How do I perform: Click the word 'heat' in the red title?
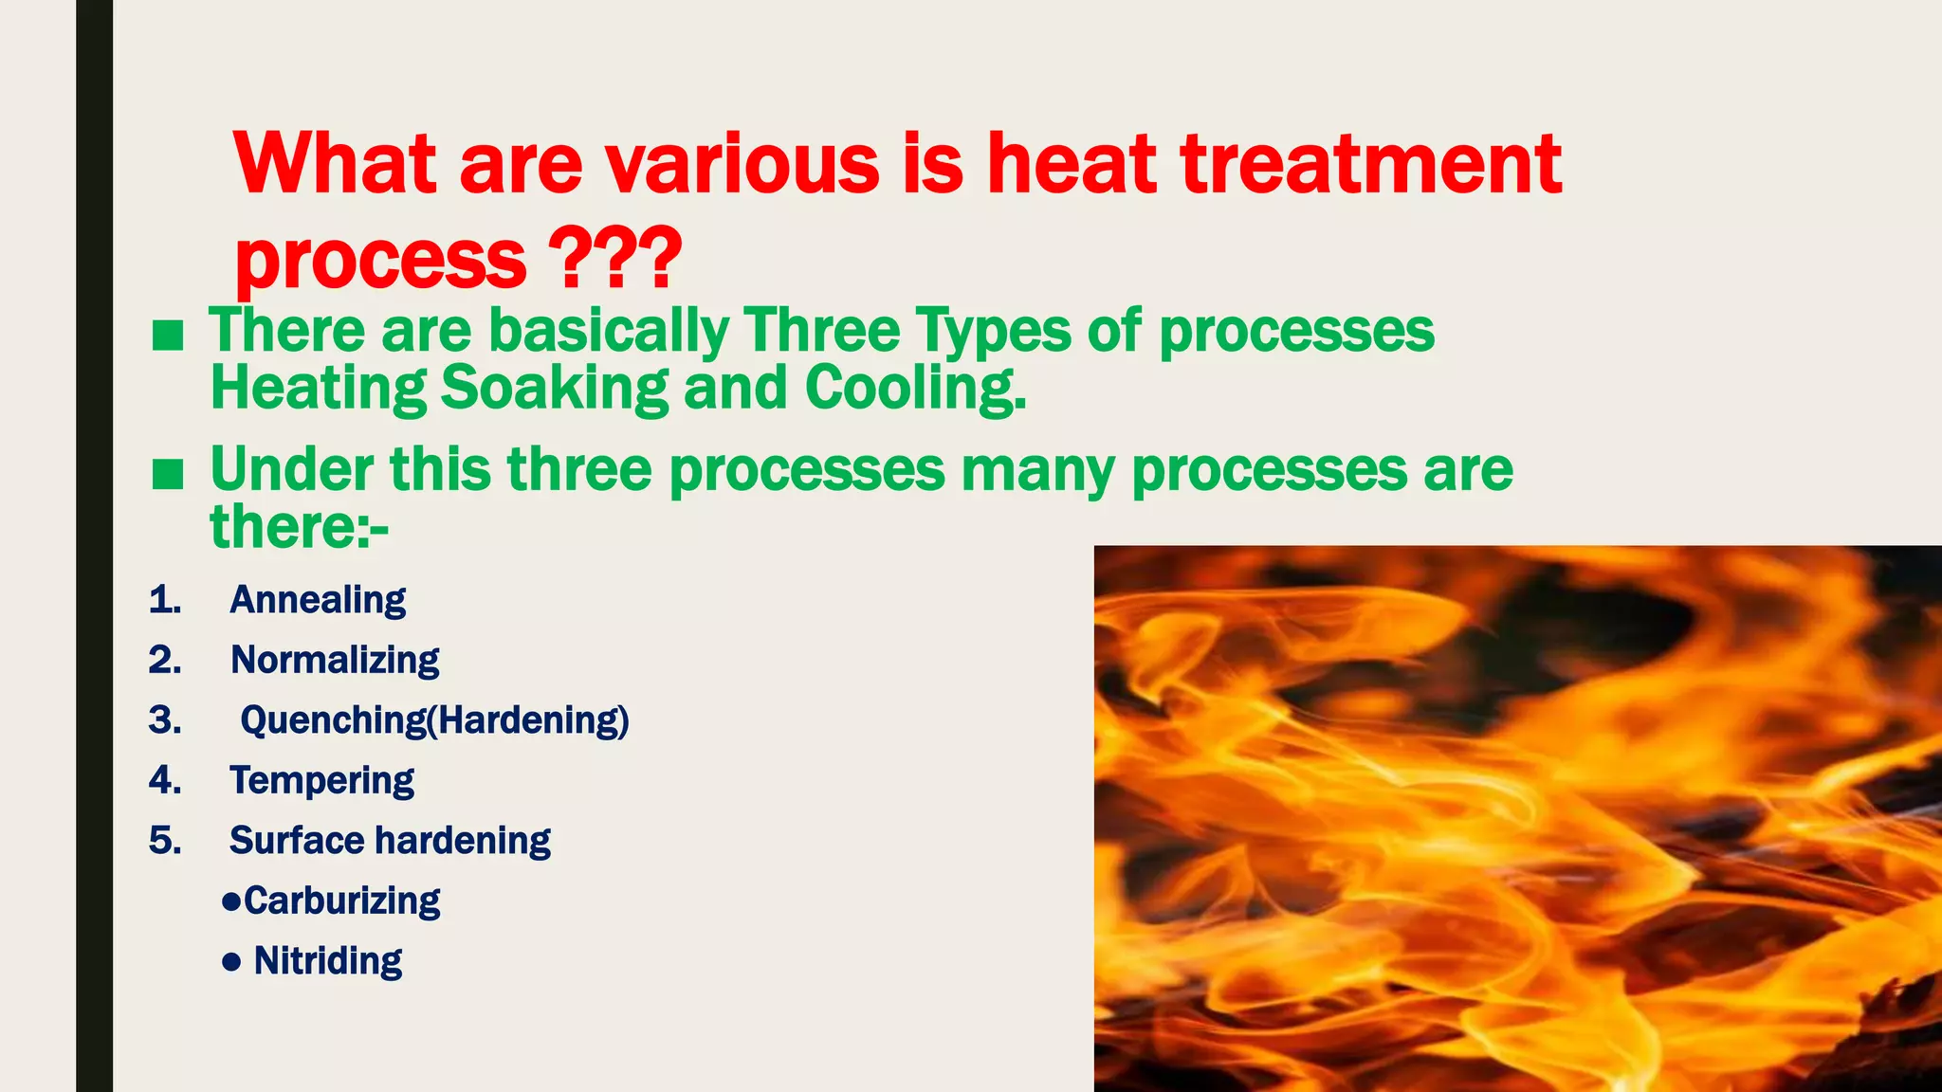click(1072, 163)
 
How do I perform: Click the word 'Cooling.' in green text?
click(915, 390)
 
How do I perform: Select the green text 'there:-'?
click(299, 527)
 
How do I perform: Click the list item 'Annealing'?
click(318, 600)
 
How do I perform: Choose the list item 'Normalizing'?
click(335, 660)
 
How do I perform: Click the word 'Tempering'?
click(321, 780)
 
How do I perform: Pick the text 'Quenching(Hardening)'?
click(434, 720)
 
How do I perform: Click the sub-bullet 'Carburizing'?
click(341, 901)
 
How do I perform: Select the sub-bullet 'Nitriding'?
click(327, 961)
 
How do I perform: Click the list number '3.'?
click(165, 720)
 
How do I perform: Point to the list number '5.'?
click(165, 841)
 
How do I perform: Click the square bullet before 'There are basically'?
click(168, 335)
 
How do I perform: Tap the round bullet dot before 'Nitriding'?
click(230, 963)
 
